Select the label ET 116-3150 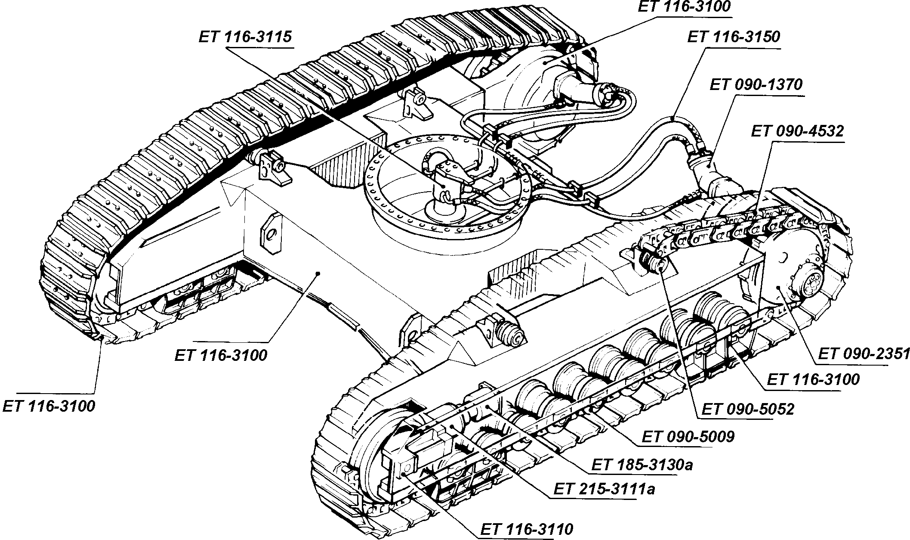[x=733, y=37]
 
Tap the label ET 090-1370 [x=756, y=84]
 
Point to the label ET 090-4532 [x=797, y=131]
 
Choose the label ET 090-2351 [x=864, y=354]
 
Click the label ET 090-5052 [x=748, y=409]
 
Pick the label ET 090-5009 [x=688, y=437]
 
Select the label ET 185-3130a [x=642, y=465]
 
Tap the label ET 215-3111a [x=604, y=490]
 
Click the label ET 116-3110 [x=527, y=529]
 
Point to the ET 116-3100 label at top [x=684, y=7]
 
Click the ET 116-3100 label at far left [x=49, y=406]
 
